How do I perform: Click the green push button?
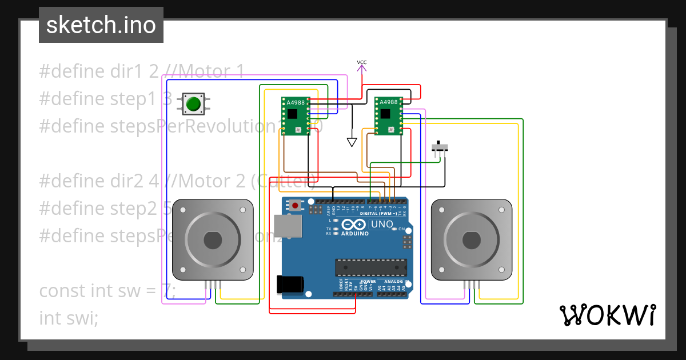click(x=193, y=103)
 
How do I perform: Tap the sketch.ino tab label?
click(x=101, y=25)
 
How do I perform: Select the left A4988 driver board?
click(x=295, y=116)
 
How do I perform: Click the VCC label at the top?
click(x=362, y=62)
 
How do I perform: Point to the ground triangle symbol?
click(x=352, y=141)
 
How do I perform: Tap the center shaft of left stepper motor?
click(x=213, y=240)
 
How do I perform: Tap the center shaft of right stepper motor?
click(x=471, y=240)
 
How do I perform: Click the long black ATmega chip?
click(x=370, y=267)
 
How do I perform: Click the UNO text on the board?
click(x=382, y=225)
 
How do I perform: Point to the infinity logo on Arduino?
click(x=354, y=225)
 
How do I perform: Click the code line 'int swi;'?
click(x=69, y=318)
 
